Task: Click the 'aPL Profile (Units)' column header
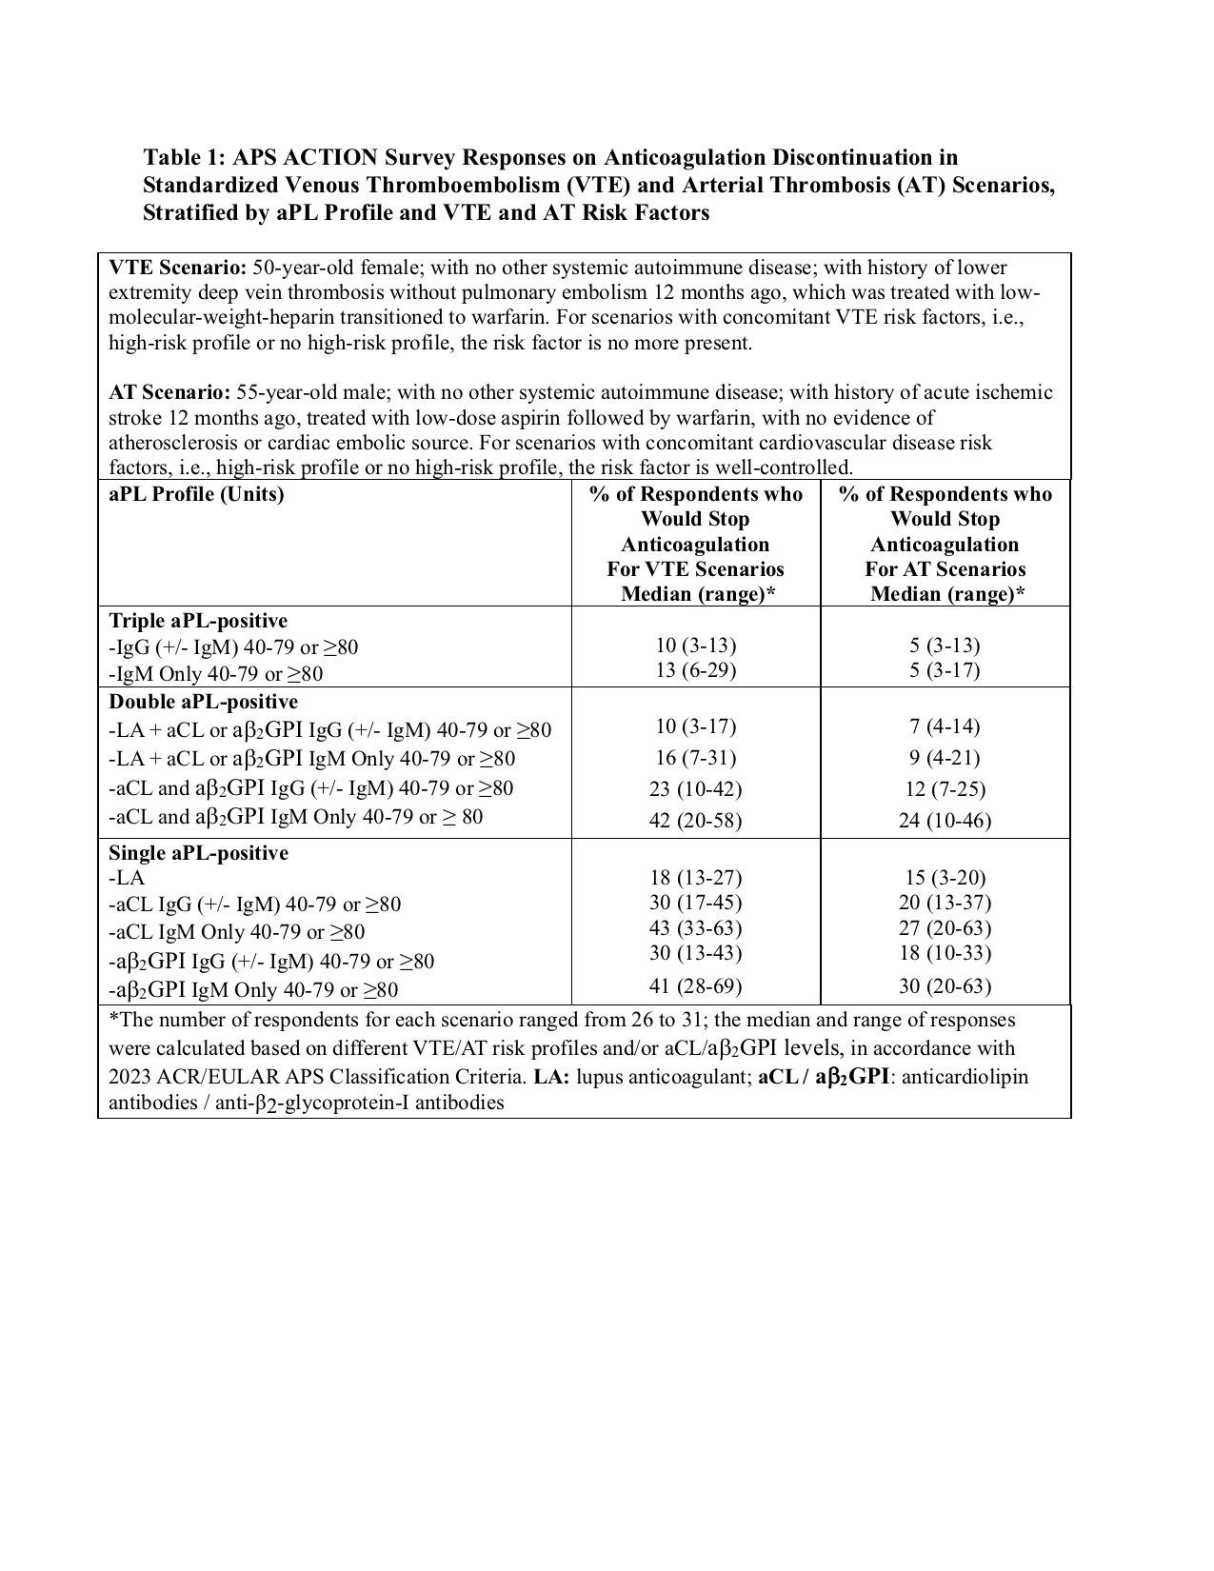click(196, 494)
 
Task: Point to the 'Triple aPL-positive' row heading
click(198, 620)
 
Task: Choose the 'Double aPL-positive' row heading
click(203, 702)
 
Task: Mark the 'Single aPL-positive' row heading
click(198, 853)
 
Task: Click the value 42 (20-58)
click(695, 821)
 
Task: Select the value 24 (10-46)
click(945, 821)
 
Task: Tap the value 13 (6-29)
click(695, 670)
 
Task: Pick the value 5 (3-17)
click(945, 670)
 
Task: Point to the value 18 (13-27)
click(695, 878)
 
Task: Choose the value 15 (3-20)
click(945, 878)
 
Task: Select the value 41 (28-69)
click(695, 986)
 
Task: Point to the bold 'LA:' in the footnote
click(552, 1077)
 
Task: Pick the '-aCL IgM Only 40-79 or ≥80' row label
click(237, 932)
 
